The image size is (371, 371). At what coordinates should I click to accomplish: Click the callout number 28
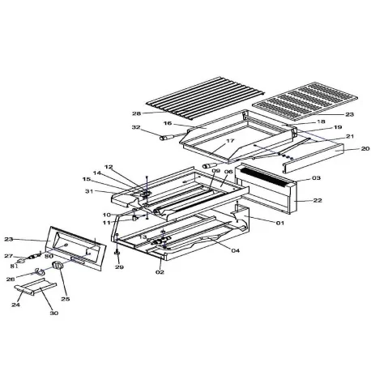pyautogui.click(x=136, y=113)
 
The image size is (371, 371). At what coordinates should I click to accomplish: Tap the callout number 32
pyautogui.click(x=136, y=128)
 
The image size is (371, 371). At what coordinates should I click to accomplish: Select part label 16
pyautogui.click(x=168, y=124)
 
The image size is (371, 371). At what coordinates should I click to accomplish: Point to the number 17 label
pyautogui.click(x=230, y=141)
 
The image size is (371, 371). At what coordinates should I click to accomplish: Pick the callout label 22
pyautogui.click(x=317, y=201)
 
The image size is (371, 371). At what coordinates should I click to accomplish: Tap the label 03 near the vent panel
pyautogui.click(x=316, y=177)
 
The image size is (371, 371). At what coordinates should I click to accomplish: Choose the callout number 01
pyautogui.click(x=280, y=222)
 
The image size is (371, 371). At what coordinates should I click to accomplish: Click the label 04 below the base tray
pyautogui.click(x=236, y=250)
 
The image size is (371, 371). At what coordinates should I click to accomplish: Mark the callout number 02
pyautogui.click(x=160, y=272)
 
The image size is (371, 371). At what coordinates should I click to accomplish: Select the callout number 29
pyautogui.click(x=118, y=267)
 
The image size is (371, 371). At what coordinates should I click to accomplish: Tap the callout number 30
pyautogui.click(x=54, y=313)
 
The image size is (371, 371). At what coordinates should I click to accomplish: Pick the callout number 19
pyautogui.click(x=315, y=128)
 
